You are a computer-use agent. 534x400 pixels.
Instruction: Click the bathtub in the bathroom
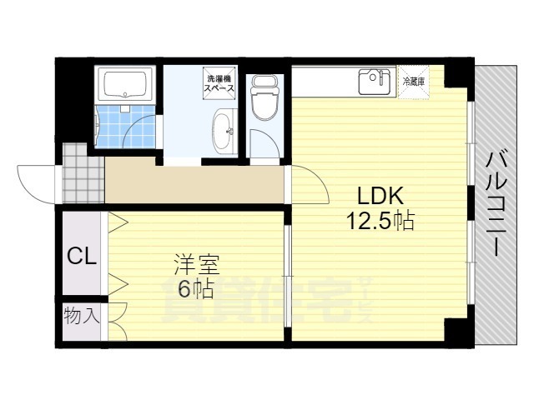(x=125, y=83)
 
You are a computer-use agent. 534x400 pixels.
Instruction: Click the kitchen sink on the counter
(x=375, y=82)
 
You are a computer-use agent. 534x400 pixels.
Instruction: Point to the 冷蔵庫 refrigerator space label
(x=414, y=82)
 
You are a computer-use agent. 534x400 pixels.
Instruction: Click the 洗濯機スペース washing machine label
(x=219, y=83)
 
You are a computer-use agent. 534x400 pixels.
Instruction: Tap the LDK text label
(x=380, y=195)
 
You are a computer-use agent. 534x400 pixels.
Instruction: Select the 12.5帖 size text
(x=380, y=220)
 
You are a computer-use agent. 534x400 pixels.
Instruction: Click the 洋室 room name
(x=196, y=264)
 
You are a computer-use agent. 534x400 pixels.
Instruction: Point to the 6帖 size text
(x=196, y=289)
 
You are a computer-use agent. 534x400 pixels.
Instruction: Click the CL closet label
(x=82, y=256)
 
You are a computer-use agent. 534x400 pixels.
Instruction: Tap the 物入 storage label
(x=82, y=315)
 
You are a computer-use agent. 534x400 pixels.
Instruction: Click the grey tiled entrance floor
(x=83, y=173)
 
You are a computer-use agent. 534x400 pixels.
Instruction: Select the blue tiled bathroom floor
(x=124, y=127)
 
